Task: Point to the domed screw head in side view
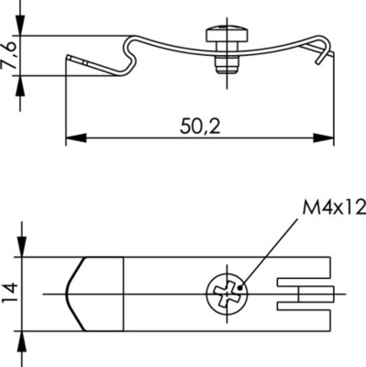click(223, 36)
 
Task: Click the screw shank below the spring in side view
click(222, 64)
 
